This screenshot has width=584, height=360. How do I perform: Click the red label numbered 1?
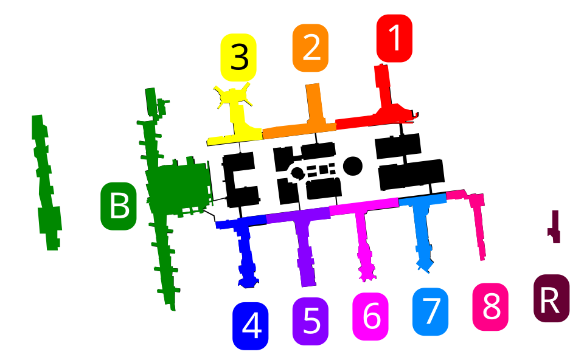[394, 38]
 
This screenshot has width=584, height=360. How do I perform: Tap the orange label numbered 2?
[310, 48]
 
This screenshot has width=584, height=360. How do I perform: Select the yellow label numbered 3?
[238, 58]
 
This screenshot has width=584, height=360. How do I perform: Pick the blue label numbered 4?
[251, 326]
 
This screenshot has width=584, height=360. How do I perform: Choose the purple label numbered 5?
[310, 321]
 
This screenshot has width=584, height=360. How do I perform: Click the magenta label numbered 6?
[370, 316]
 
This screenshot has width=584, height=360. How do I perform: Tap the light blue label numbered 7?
[430, 311]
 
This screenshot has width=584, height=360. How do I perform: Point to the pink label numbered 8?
[490, 307]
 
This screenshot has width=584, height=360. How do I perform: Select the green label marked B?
[119, 206]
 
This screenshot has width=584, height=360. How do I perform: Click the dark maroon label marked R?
[551, 299]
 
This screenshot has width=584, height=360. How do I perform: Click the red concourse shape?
[383, 112]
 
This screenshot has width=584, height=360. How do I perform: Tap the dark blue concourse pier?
[245, 249]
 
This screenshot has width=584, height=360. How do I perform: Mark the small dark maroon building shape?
[555, 228]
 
